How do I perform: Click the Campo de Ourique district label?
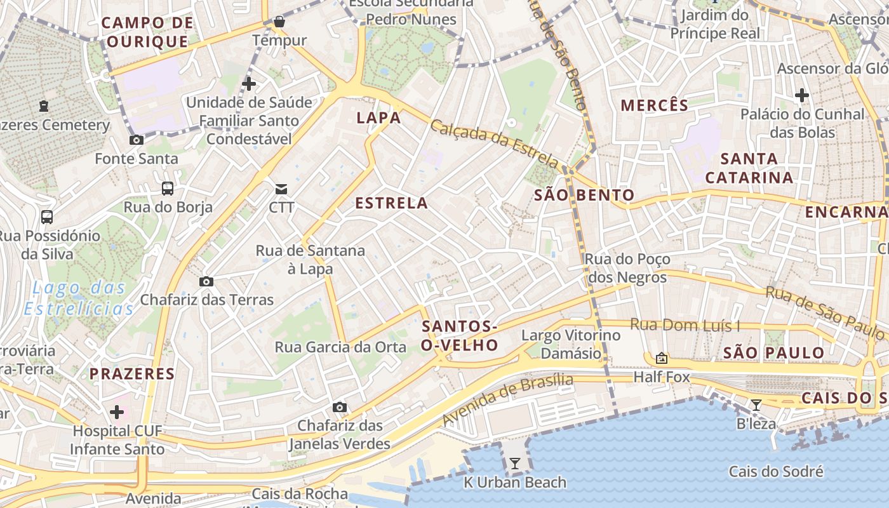point(147,32)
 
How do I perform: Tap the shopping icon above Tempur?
point(279,22)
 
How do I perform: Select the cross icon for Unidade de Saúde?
point(249,83)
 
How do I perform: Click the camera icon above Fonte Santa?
point(137,140)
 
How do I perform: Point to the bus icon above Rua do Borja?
point(168,188)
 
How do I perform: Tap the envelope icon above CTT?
point(281,189)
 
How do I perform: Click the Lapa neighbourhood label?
point(378,117)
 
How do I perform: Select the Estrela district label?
point(391,203)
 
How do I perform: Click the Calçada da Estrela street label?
point(495,144)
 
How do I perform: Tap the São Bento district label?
point(584,195)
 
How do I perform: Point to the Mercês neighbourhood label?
point(654,105)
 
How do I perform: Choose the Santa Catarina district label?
point(749,168)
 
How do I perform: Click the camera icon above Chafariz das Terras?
point(206,281)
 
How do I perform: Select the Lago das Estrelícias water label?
point(79,298)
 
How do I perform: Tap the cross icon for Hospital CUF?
point(117,412)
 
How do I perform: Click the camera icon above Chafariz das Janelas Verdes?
point(340,407)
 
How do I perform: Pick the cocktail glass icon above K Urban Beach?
point(515,464)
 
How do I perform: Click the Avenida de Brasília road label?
point(507,399)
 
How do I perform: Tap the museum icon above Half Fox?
point(662,359)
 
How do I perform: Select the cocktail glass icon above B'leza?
point(756,404)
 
